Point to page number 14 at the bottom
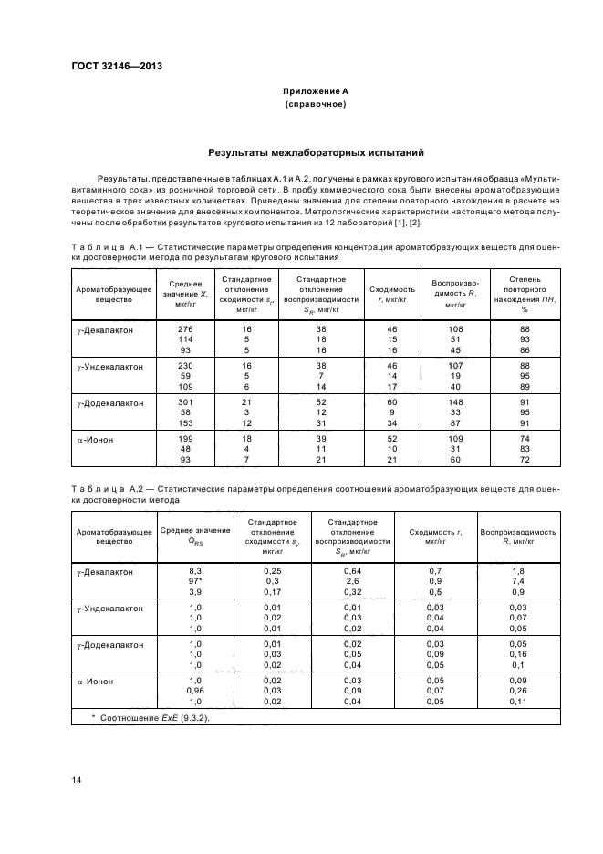point(77,779)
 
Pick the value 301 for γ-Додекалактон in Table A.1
point(186,401)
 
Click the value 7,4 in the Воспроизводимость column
point(518,581)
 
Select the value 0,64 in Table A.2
point(353,570)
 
